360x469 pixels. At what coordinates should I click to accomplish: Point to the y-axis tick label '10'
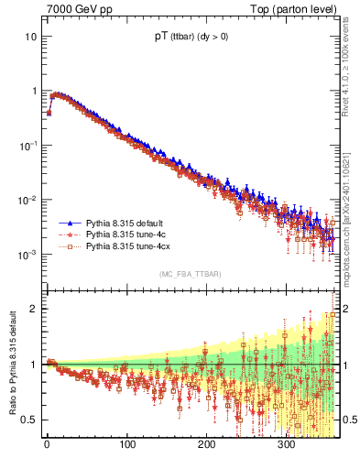click(x=30, y=37)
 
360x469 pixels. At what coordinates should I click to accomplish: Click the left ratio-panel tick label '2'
click(x=34, y=309)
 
